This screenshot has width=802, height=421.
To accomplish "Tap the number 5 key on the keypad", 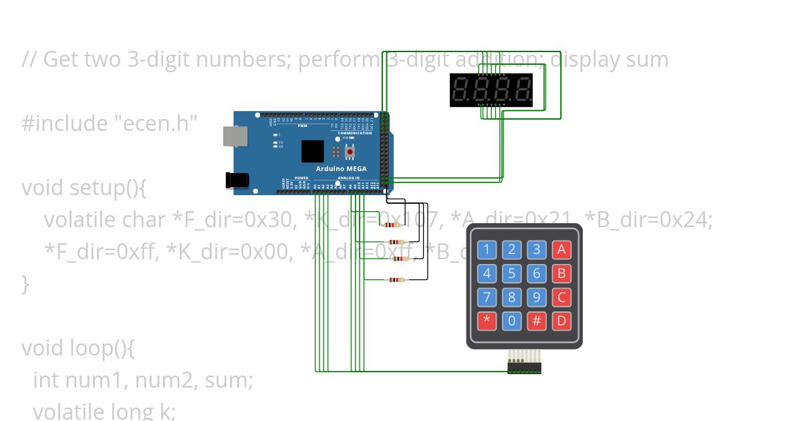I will point(511,273).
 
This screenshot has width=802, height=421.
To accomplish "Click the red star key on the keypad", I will point(487,321).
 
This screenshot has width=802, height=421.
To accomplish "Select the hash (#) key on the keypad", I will point(537,321).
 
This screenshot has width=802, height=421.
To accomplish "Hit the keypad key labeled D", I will point(561,321).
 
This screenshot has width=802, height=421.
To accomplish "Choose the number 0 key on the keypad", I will point(511,321).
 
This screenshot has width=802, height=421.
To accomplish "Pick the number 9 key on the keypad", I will point(537,297).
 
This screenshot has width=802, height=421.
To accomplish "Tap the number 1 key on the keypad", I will point(487,250).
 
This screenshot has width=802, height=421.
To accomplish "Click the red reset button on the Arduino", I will point(349,152).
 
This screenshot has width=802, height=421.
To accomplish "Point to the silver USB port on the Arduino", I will point(235,136).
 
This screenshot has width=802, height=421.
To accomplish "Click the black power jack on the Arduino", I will point(237,180).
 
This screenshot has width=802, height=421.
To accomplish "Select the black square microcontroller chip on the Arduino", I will point(312,151).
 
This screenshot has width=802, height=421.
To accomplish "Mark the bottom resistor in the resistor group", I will point(396,280).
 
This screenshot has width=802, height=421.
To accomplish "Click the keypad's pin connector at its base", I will point(524,367).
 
